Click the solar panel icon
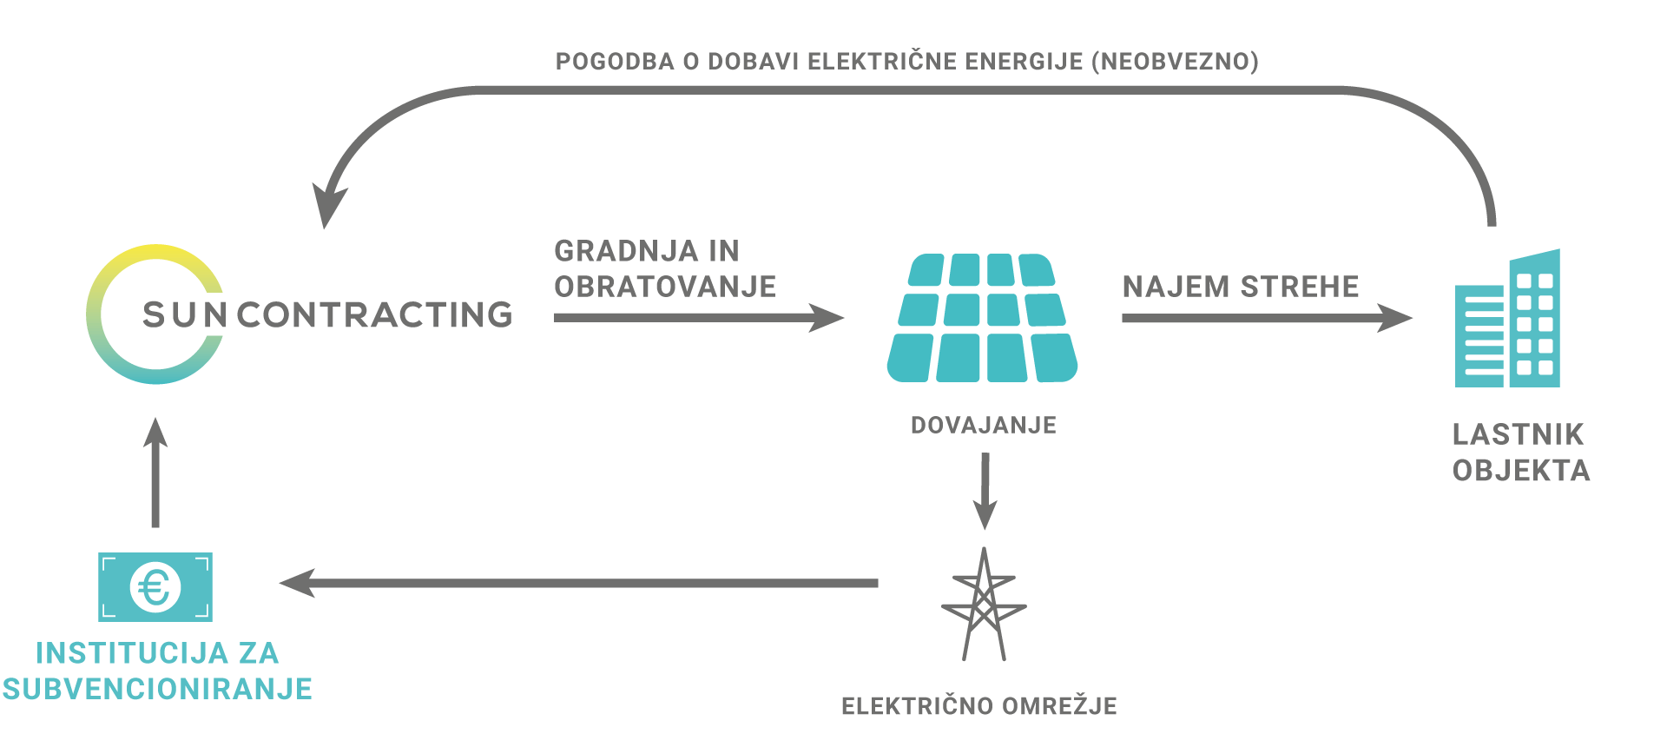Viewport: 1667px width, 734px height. click(982, 318)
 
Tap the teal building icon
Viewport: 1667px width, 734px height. click(1507, 319)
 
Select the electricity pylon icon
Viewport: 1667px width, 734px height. click(984, 605)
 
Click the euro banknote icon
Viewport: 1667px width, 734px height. click(155, 587)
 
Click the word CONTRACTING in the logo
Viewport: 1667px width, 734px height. click(375, 315)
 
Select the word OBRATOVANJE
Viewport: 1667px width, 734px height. click(665, 287)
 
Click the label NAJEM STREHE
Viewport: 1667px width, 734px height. click(1241, 287)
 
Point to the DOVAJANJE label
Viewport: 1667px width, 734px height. click(984, 425)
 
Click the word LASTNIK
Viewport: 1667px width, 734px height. click(1518, 434)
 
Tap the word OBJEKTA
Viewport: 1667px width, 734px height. click(1521, 471)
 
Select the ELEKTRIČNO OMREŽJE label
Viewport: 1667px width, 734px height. click(979, 706)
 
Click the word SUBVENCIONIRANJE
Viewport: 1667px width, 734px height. click(157, 689)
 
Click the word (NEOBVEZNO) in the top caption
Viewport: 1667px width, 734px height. click(1175, 62)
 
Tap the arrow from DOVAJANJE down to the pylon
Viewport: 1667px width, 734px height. click(985, 491)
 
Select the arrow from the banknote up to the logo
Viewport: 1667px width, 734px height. click(155, 472)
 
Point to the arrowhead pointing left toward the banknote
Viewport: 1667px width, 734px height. click(297, 583)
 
